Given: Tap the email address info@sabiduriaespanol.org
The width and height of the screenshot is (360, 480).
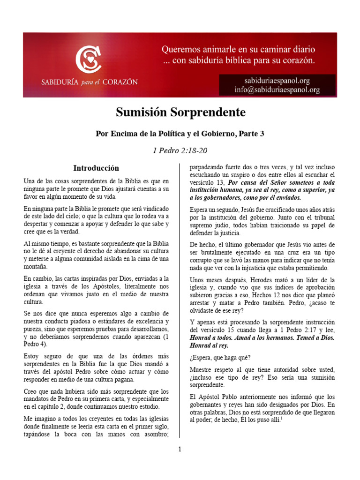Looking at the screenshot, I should tap(277, 90).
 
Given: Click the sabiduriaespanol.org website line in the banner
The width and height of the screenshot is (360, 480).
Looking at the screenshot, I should tap(277, 81).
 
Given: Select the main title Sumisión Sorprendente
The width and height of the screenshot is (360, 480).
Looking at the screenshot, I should tap(180, 112).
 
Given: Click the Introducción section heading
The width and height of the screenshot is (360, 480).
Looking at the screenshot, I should tap(96, 168).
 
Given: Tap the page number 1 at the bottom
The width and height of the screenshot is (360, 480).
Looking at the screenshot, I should tap(180, 449).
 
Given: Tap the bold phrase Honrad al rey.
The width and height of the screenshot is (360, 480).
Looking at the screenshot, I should tap(209, 345).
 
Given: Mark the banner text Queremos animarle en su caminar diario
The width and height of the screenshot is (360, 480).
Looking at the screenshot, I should tap(239, 49).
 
